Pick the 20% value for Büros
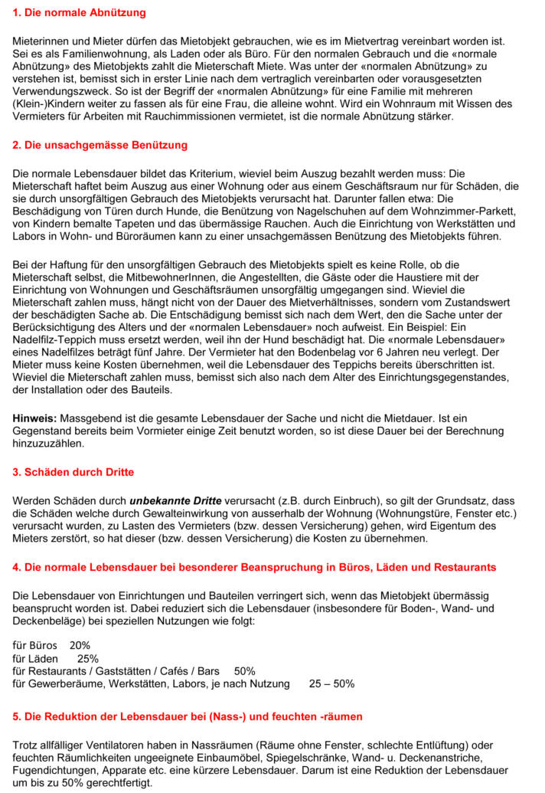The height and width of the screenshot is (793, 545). (x=80, y=645)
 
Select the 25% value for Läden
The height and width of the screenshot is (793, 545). (x=88, y=658)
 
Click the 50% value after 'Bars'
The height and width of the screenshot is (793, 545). (x=245, y=670)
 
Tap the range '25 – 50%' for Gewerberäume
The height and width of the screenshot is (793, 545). (x=331, y=683)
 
